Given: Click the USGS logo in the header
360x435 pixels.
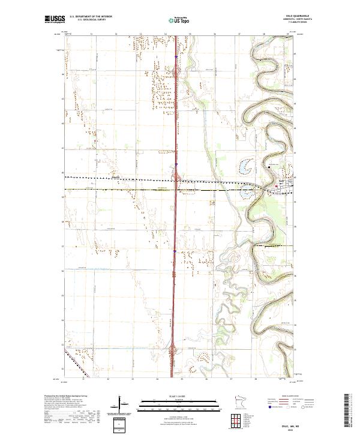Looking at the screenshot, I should (55, 19).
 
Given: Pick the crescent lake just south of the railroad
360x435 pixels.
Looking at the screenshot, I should (247, 193).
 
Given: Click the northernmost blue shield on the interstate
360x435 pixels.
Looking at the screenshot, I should (176, 58).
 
